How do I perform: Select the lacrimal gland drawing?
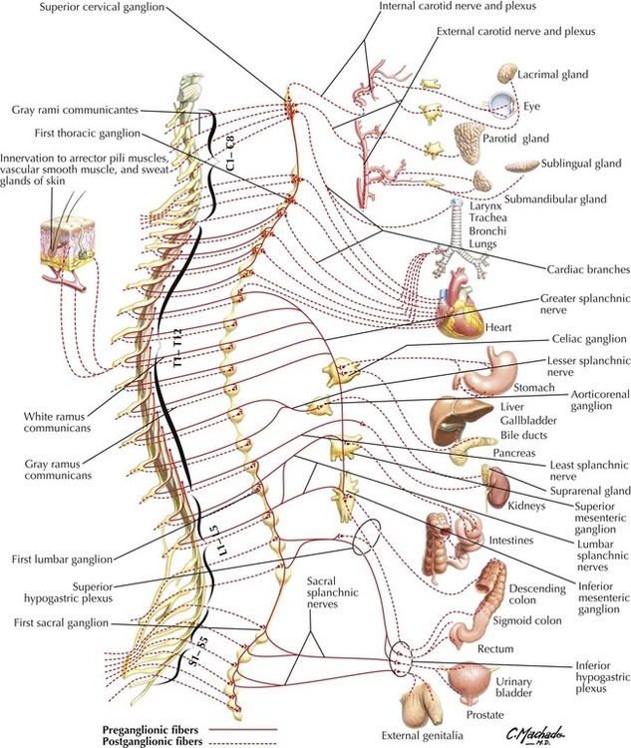pyautogui.click(x=505, y=73)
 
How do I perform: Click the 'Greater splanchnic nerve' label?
pyautogui.click(x=578, y=304)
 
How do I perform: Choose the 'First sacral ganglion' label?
pyautogui.click(x=56, y=623)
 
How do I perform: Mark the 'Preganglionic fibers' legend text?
pyautogui.click(x=159, y=729)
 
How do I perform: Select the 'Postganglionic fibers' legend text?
pyautogui.click(x=160, y=742)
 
